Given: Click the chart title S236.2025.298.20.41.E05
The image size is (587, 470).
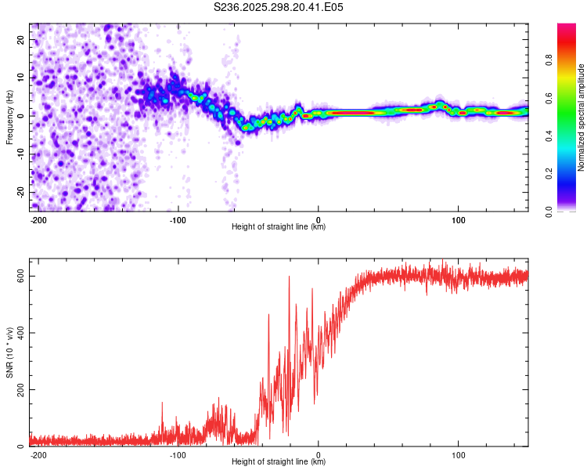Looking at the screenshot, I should pos(279,7).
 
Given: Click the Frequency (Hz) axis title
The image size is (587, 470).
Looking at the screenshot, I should pos(9,117).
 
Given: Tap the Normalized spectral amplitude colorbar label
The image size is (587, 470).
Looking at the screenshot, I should pos(581,117).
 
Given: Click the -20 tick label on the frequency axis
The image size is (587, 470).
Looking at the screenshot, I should pos(20,192).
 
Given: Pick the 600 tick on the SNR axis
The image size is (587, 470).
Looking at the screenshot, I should pos(20,276).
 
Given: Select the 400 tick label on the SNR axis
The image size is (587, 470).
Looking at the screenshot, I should pos(20,333).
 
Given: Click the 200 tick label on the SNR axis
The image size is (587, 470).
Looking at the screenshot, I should pos(20,389).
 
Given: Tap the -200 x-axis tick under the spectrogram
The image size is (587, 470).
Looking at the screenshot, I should pos(38,219).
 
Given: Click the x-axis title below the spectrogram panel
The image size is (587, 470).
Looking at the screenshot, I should pos(279,227).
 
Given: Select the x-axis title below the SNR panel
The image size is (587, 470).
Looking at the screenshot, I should pos(279,462).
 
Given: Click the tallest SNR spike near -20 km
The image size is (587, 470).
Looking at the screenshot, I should pos(289,277).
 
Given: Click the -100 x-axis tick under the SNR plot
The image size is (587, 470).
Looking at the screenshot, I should pos(178,454).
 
